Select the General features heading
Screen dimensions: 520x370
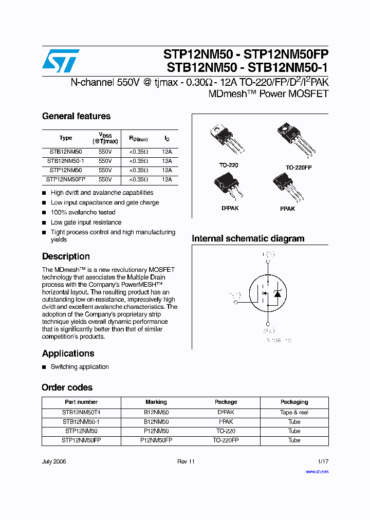(x=76, y=116)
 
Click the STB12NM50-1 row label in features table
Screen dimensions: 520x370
(x=66, y=161)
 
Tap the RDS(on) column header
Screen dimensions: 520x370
(x=138, y=138)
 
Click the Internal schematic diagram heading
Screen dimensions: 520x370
(x=248, y=238)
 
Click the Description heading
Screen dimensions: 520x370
(x=66, y=256)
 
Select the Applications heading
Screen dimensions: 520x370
(x=68, y=354)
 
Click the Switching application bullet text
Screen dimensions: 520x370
(x=80, y=367)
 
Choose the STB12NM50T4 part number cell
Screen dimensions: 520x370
(x=81, y=412)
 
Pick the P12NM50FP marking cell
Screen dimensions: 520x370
(x=156, y=440)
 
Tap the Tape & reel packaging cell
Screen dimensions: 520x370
(x=294, y=412)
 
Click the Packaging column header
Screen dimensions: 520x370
(x=294, y=402)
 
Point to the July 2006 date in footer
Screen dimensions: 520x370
(x=54, y=461)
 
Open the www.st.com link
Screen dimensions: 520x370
(x=317, y=471)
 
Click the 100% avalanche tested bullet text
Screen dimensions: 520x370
(x=83, y=212)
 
